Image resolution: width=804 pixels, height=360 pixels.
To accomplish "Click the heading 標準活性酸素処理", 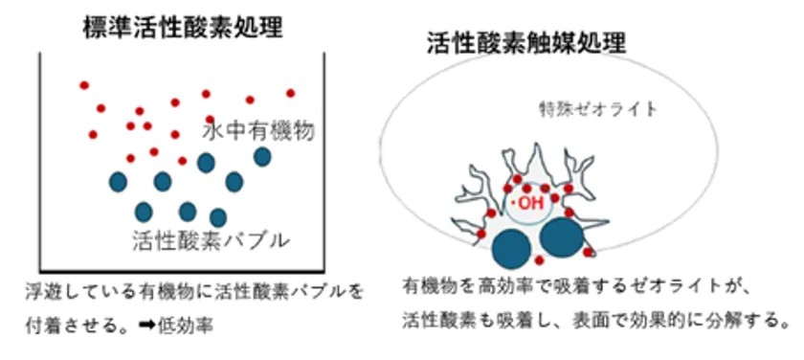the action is tap(182, 26).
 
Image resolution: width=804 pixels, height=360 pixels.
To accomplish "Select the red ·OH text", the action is tap(529, 203).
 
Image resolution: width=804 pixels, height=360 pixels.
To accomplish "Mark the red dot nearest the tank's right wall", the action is tap(290, 93).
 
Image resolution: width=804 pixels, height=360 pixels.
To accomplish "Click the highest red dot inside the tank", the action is tap(84, 85).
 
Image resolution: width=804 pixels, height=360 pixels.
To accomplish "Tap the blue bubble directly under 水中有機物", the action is tap(261, 155).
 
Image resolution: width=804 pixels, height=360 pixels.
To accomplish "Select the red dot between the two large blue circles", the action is tap(539, 259).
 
